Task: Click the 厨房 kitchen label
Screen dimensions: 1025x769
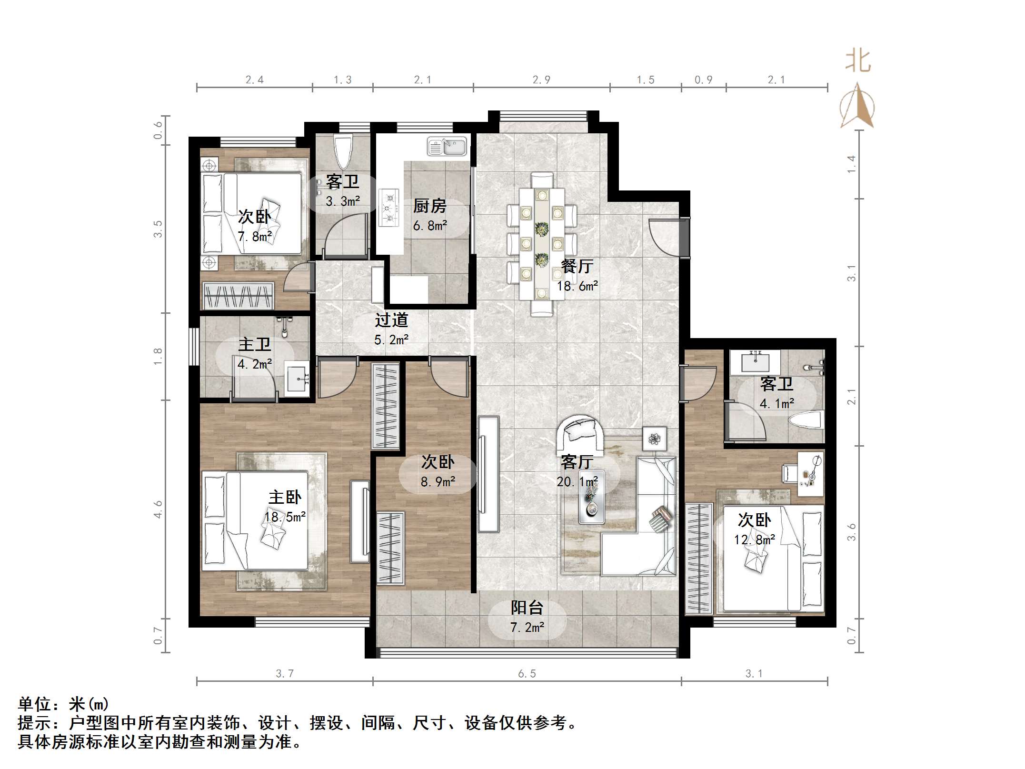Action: [429, 206]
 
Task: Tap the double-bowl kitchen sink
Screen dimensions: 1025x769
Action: [447, 146]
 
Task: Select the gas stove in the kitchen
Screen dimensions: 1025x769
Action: [388, 208]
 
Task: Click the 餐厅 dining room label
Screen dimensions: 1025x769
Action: [577, 266]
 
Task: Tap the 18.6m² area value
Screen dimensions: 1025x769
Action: [577, 286]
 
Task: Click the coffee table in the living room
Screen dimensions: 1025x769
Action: [592, 497]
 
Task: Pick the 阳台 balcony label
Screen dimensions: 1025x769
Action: [527, 608]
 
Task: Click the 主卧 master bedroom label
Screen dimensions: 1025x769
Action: [285, 498]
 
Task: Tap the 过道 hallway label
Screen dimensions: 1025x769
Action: [391, 320]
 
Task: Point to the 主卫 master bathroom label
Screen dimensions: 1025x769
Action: [254, 344]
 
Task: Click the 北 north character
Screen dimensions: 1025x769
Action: [858, 62]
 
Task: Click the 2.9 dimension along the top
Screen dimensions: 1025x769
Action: [541, 80]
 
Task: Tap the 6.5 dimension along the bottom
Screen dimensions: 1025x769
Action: [527, 673]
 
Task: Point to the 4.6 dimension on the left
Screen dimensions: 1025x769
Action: [158, 509]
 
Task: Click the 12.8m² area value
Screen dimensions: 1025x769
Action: [755, 539]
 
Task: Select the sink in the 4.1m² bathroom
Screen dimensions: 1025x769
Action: [756, 362]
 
